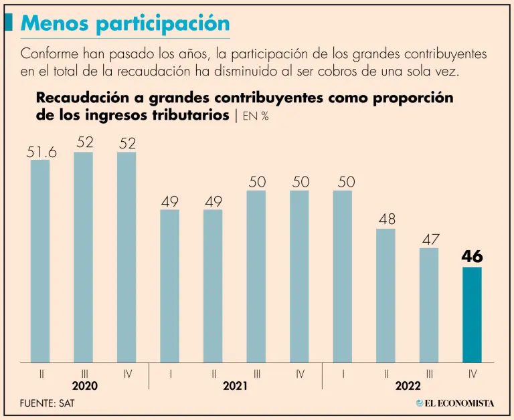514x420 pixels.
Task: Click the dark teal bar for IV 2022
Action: tap(472, 314)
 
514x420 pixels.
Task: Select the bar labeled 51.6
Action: tap(40, 261)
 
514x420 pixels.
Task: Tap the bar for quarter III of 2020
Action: tap(83, 257)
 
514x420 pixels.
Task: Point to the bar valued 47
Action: tap(429, 305)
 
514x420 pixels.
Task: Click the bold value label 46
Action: tap(472, 257)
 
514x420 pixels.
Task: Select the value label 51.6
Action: tap(41, 152)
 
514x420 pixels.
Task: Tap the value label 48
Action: tap(385, 219)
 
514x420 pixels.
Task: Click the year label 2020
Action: tap(84, 387)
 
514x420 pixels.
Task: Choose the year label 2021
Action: tap(235, 387)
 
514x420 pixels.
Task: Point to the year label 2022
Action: tap(408, 387)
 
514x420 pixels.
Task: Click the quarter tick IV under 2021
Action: tap(299, 374)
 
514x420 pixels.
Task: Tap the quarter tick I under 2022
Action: tap(343, 374)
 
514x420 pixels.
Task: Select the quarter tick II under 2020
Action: tap(41, 374)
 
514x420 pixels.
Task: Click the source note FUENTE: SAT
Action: tap(49, 403)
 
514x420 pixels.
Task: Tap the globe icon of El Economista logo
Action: tap(420, 403)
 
